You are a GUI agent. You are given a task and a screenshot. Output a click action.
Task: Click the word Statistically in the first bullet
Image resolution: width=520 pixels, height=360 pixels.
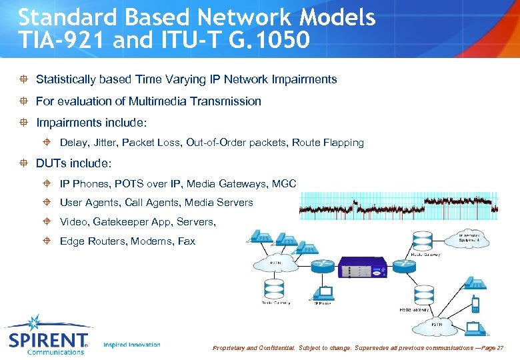click(x=65, y=79)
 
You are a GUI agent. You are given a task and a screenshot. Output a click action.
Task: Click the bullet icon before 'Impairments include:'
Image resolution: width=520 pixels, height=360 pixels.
click(x=24, y=123)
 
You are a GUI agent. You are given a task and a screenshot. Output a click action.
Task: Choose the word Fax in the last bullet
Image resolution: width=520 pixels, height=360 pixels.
click(x=187, y=241)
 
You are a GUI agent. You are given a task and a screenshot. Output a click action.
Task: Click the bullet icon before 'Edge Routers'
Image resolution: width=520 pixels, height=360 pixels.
click(x=48, y=241)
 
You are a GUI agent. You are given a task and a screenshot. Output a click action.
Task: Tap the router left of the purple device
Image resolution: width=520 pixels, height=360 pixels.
click(x=324, y=265)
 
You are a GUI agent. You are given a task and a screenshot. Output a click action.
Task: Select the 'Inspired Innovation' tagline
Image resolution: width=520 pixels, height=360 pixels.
click(x=132, y=345)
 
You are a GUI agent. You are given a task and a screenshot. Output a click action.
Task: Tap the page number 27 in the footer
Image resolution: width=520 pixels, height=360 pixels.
click(x=500, y=348)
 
